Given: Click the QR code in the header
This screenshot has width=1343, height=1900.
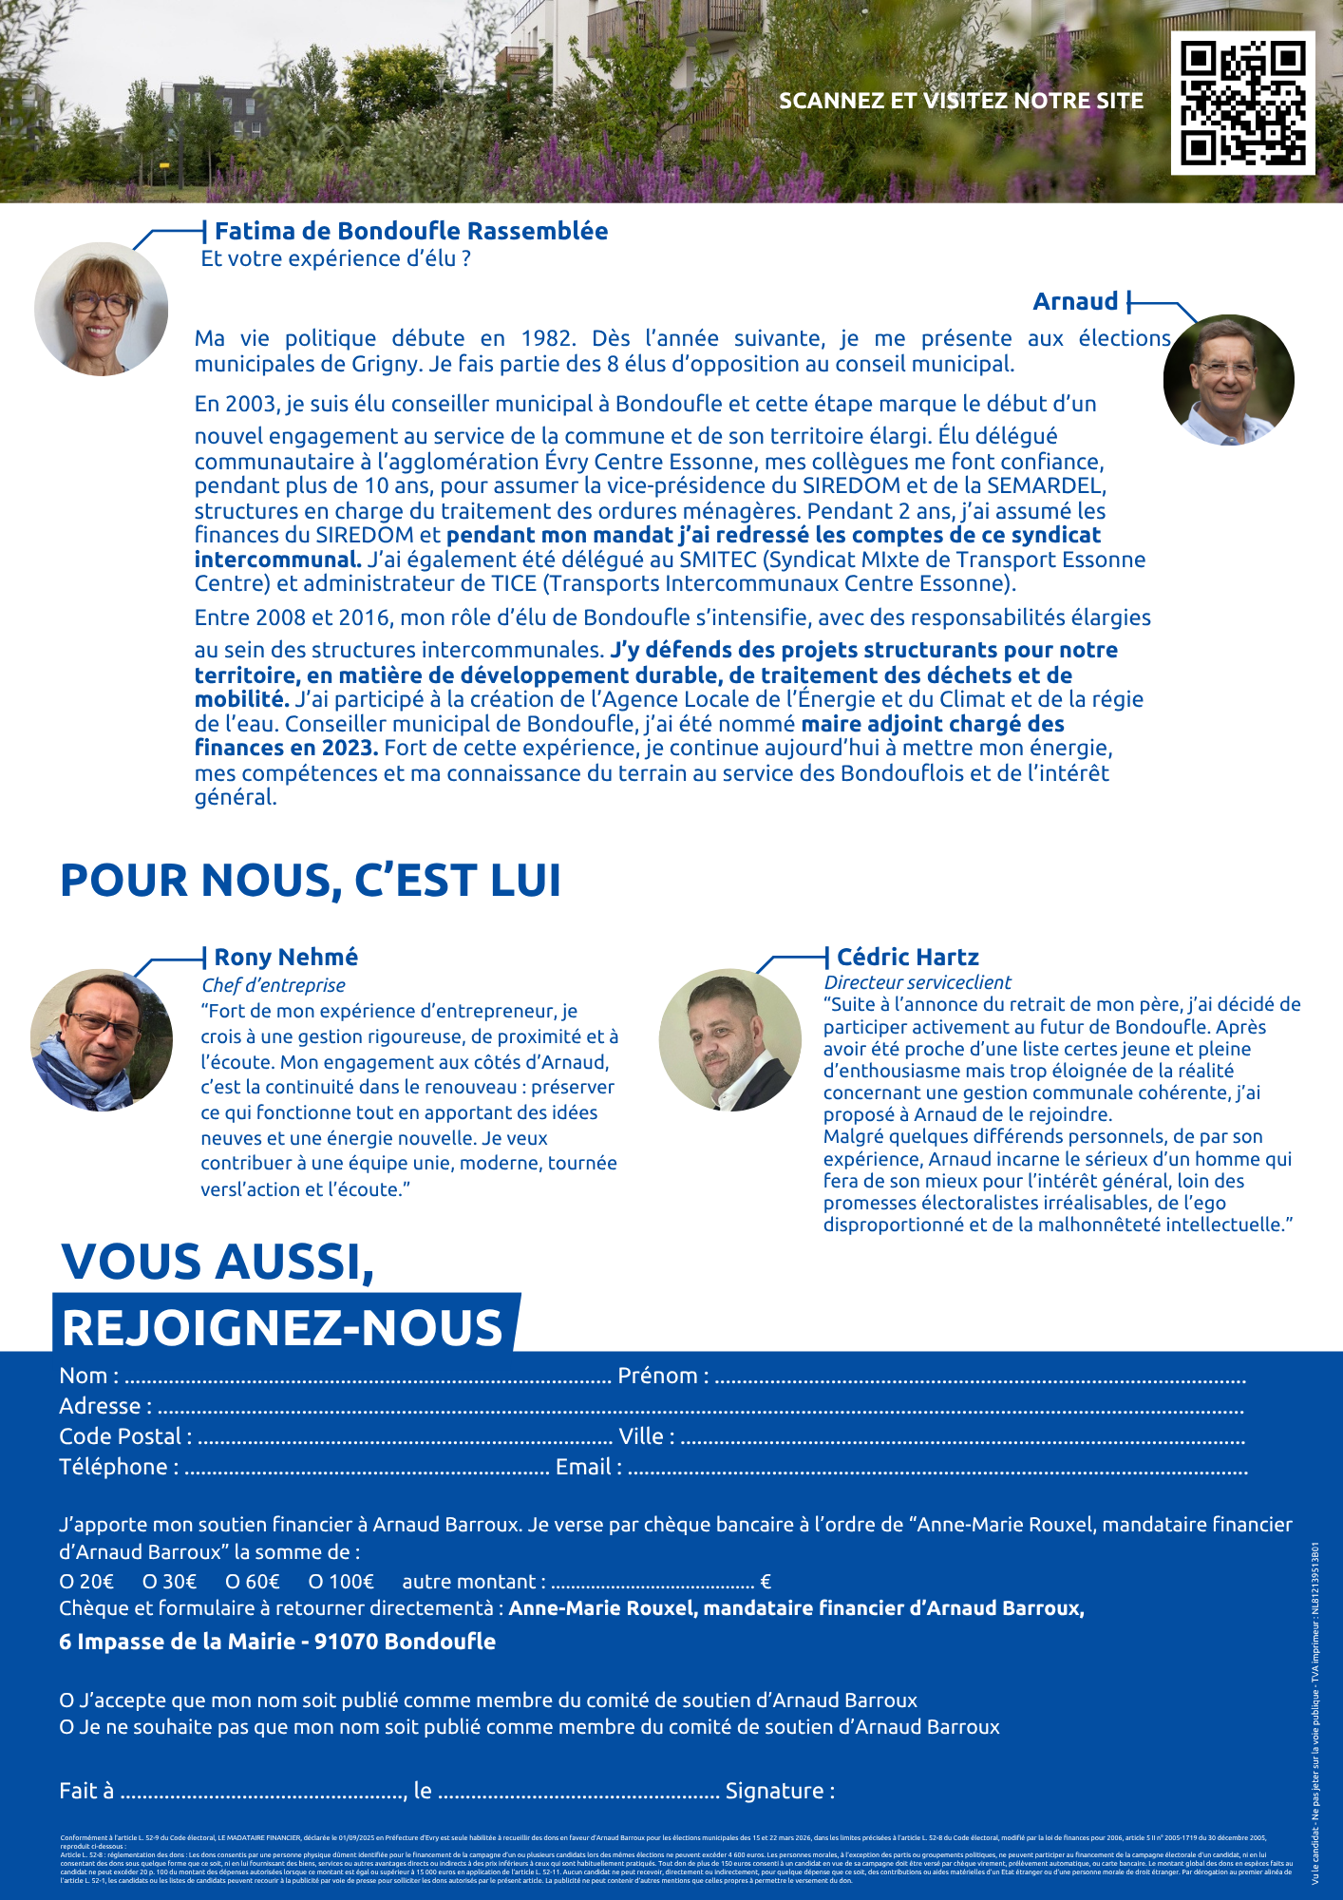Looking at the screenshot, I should (1242, 103).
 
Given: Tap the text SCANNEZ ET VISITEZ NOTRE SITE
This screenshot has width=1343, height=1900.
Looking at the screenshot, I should (960, 101).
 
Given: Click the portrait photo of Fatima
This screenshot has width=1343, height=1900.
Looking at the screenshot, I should (101, 309).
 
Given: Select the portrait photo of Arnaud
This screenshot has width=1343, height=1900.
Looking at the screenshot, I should (1228, 379).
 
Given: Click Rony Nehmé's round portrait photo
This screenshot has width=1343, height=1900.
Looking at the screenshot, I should (102, 1039).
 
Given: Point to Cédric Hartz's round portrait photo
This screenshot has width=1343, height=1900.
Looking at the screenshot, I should (729, 1039).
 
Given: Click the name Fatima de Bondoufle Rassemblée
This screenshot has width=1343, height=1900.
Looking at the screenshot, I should (410, 231).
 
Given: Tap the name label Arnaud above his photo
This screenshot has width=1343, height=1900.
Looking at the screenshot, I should (1075, 301).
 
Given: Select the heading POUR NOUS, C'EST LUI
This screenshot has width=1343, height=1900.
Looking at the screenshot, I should (311, 880).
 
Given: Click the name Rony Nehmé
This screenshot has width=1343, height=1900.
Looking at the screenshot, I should (286, 957).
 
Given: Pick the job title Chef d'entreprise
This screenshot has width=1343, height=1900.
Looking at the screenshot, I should (274, 985).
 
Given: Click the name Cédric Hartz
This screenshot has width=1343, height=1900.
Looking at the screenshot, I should (907, 957).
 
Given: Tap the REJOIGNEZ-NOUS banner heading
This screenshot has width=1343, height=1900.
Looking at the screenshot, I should (282, 1327).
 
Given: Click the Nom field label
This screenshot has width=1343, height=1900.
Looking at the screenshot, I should (88, 1376).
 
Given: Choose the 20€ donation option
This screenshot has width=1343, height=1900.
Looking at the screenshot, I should (86, 1582).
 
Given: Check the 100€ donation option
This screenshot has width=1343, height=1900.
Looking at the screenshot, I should (341, 1582).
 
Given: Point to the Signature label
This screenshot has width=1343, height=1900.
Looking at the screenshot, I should (780, 1791).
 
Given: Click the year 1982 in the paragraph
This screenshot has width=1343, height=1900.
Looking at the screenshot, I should (547, 338).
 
